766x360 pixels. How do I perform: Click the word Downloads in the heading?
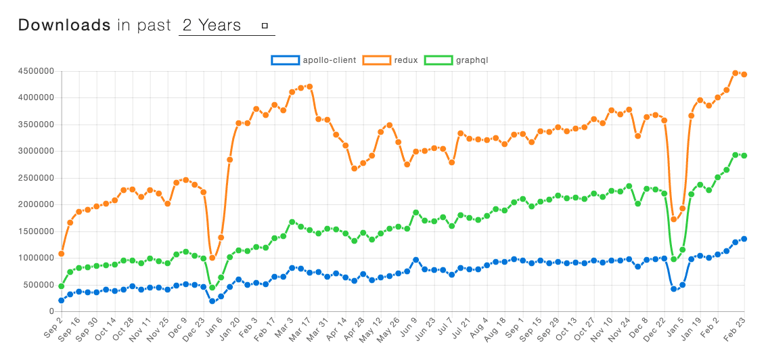[x=64, y=26]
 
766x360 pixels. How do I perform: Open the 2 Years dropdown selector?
[x=226, y=26]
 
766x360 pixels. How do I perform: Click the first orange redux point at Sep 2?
[x=62, y=254]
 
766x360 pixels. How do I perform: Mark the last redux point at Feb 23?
[x=744, y=74]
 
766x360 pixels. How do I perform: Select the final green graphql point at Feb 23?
[x=744, y=156]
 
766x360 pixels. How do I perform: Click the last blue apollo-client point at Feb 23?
[x=744, y=239]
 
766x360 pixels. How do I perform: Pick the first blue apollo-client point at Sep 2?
[x=62, y=300]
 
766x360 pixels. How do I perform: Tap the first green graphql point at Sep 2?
[x=62, y=286]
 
